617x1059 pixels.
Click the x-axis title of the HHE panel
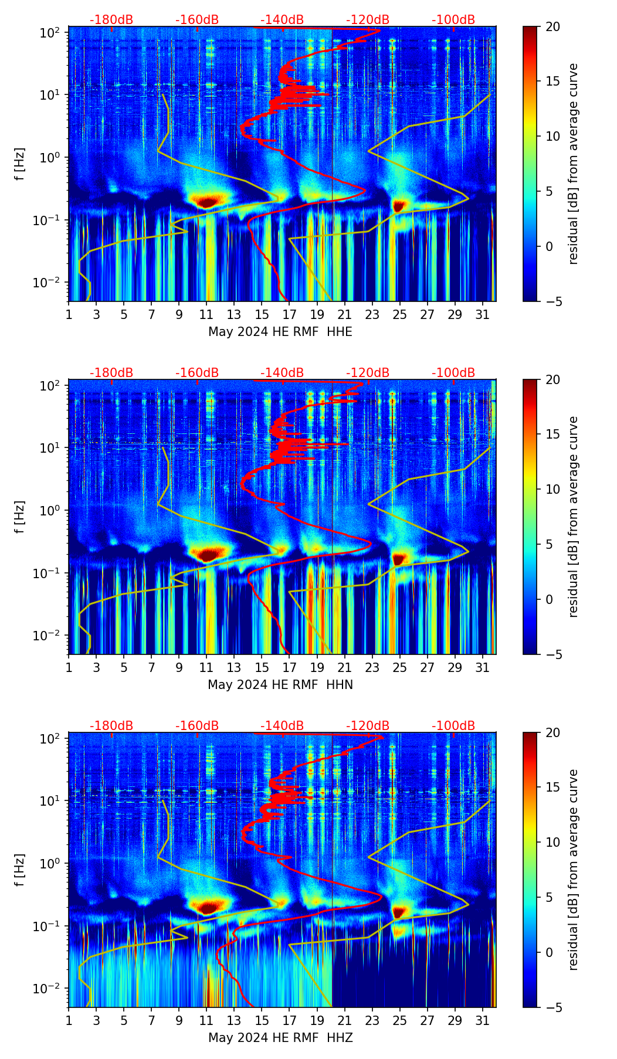(280, 332)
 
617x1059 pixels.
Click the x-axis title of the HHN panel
(280, 685)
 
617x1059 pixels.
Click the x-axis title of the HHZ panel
(280, 1038)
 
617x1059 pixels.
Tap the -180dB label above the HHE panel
(111, 20)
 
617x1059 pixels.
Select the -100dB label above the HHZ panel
(453, 726)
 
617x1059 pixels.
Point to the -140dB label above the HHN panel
(282, 373)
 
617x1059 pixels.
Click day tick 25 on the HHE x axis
(399, 315)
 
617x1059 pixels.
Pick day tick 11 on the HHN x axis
(206, 668)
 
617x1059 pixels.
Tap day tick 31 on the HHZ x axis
(482, 1021)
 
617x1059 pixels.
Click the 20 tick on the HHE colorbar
(552, 27)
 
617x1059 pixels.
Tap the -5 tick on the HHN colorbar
(552, 654)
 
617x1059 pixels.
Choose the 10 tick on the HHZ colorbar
(552, 843)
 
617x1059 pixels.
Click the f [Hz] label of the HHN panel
(20, 517)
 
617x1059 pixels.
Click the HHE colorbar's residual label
(573, 164)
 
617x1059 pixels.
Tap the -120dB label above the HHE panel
(368, 20)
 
